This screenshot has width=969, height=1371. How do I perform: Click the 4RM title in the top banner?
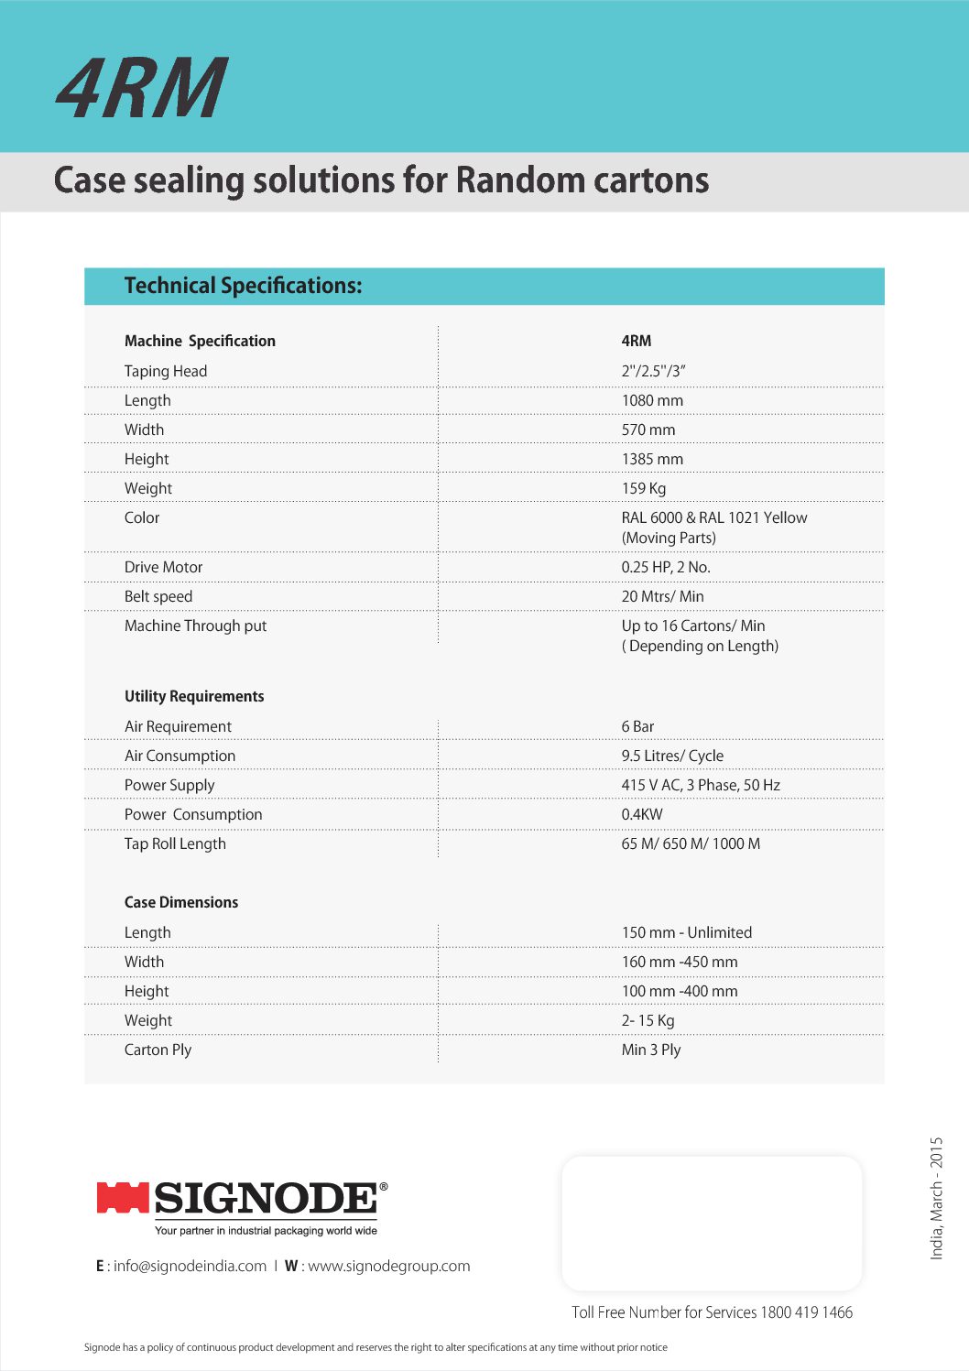141,88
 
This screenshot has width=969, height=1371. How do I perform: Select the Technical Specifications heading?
243,286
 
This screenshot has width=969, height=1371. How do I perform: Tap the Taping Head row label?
166,371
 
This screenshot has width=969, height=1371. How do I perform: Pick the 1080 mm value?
652,400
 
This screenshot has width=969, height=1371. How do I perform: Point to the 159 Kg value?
644,488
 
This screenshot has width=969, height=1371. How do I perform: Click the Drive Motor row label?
163,567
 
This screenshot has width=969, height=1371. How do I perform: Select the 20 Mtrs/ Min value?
662,596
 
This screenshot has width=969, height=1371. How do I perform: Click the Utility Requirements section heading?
194,696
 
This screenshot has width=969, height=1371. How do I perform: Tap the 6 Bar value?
637,726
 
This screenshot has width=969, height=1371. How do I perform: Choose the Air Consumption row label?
180,756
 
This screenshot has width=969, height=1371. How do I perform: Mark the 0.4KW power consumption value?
642,814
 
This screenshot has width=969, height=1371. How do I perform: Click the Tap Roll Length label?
175,843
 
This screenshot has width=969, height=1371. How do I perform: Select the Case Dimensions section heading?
181,902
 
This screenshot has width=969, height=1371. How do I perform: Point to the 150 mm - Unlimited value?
687,932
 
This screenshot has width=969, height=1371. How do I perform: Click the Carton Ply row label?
158,1050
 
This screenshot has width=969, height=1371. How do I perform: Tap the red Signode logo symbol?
123,1198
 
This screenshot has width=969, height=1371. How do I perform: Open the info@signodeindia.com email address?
190,1266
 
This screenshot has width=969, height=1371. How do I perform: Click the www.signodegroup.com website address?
388,1266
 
